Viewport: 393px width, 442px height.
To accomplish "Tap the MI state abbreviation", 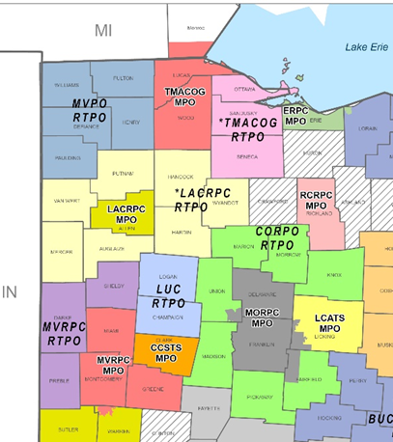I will click(x=103, y=30).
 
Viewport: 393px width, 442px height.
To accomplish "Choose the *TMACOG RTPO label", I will click(x=249, y=129).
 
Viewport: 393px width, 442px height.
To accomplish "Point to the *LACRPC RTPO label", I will click(x=205, y=200).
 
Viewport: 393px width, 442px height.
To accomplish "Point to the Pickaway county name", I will click(x=258, y=397).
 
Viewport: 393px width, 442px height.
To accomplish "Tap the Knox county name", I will click(x=335, y=275).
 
